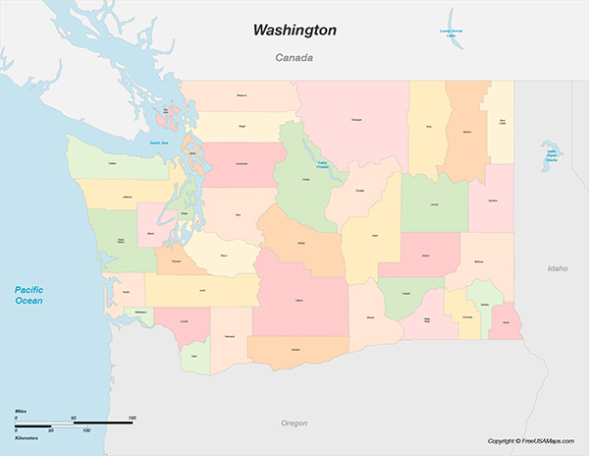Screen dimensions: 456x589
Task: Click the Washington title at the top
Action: [294, 30]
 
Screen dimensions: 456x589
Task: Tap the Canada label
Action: [294, 58]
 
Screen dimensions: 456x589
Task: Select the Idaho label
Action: [557, 267]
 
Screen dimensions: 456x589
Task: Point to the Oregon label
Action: [294, 423]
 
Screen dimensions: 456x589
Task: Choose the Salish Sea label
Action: [160, 143]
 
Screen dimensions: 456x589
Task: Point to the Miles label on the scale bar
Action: [21, 409]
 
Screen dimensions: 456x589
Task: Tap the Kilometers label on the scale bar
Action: [27, 438]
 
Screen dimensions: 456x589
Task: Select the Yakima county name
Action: [298, 300]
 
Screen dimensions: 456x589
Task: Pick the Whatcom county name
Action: [242, 95]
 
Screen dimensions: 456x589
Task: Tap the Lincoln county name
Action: [434, 203]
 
